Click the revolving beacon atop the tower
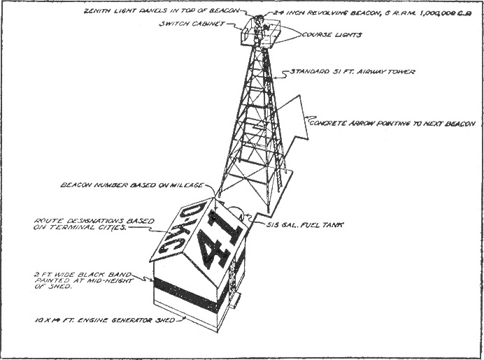[x=260, y=17]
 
